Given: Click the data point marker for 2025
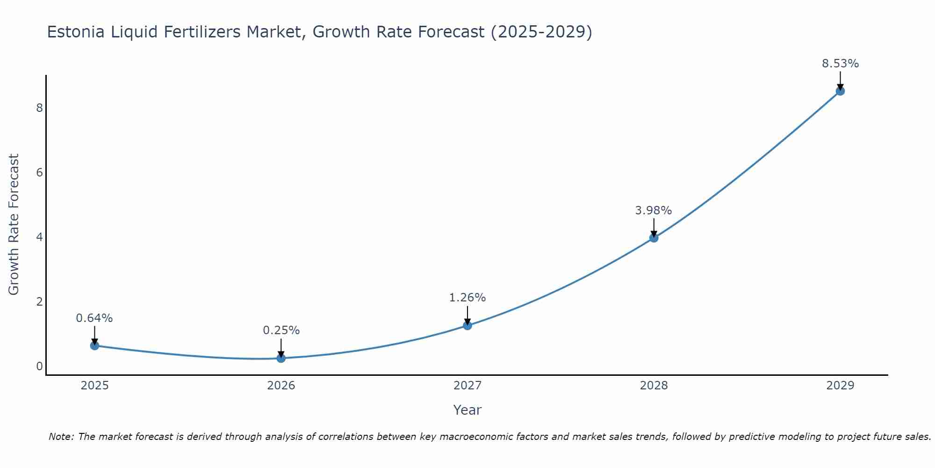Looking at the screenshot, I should click(x=94, y=345).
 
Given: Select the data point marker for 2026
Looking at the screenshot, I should click(x=281, y=358).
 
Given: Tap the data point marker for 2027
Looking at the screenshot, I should click(x=467, y=325).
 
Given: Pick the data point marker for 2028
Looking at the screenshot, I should click(x=654, y=238).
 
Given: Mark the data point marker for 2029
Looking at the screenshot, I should click(x=840, y=91).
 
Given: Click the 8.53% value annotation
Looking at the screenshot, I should click(x=840, y=64).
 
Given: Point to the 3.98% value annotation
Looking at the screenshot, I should click(x=653, y=211).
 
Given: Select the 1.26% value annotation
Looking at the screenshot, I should click(x=467, y=298).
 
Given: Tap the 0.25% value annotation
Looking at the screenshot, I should click(x=281, y=330).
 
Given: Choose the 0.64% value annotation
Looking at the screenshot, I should click(x=94, y=318).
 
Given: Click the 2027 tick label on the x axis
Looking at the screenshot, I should click(x=467, y=386).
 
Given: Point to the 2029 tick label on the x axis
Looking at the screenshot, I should click(x=840, y=386).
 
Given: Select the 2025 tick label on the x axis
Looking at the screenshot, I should click(x=94, y=386).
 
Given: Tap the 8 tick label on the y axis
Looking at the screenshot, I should click(x=39, y=108).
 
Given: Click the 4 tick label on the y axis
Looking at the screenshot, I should click(x=39, y=237).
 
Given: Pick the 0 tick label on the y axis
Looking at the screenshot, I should click(x=39, y=366).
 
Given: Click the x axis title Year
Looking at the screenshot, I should click(x=467, y=410).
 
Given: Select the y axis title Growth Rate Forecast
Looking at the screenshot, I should click(x=14, y=225).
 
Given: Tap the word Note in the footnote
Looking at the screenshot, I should click(x=61, y=437).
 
